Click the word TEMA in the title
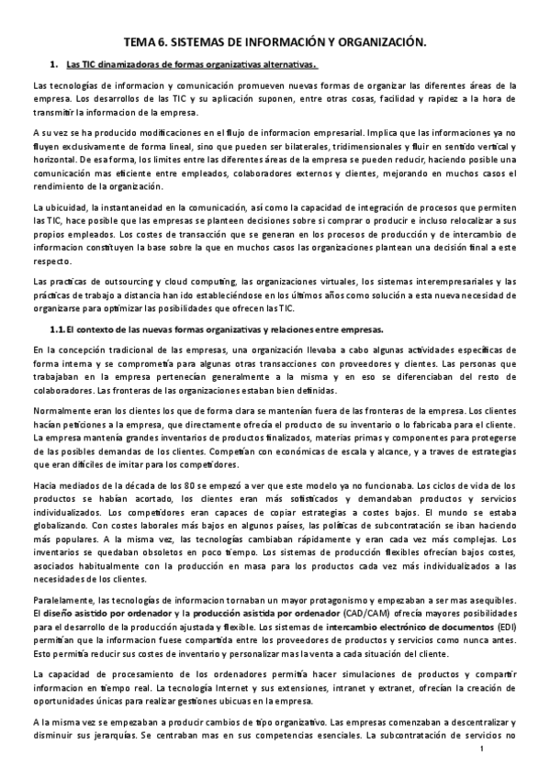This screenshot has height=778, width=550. tap(140, 42)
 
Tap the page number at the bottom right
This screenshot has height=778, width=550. tap(480, 750)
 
